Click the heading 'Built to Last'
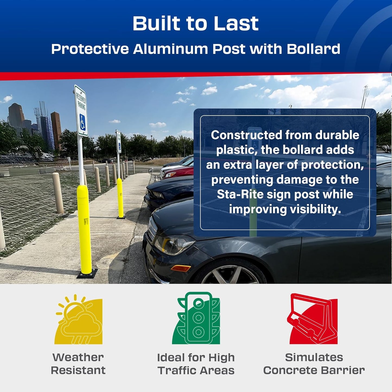click(195, 24)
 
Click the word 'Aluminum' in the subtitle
click(171, 49)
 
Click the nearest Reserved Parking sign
click(81, 111)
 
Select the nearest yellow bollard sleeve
click(84, 228)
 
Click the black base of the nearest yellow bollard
click(87, 273)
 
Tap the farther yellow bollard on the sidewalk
click(120, 198)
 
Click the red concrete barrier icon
click(313, 319)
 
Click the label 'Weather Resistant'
click(78, 364)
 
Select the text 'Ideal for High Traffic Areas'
click(196, 364)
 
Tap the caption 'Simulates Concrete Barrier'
click(314, 364)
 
